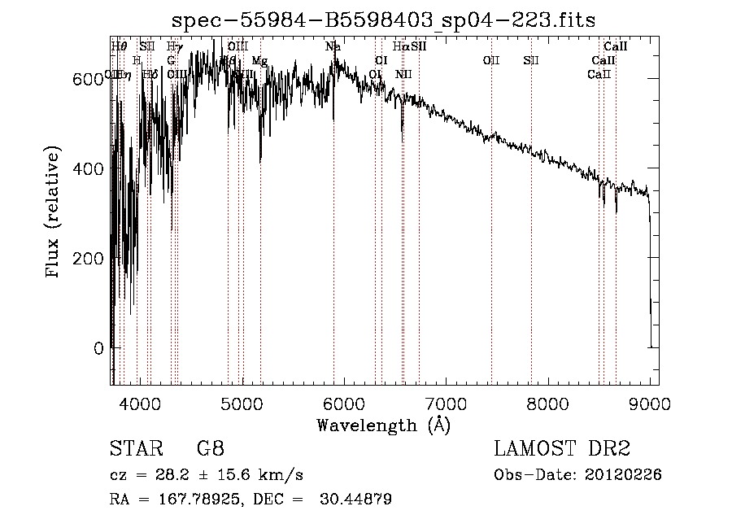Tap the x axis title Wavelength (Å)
(383, 424)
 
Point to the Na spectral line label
(333, 46)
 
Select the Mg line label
(259, 61)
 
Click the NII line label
(403, 74)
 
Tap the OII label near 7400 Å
(491, 60)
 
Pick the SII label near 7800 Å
(531, 60)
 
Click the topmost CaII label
(615, 46)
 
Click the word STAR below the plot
(132, 448)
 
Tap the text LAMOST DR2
(562, 448)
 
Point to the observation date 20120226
(625, 475)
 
